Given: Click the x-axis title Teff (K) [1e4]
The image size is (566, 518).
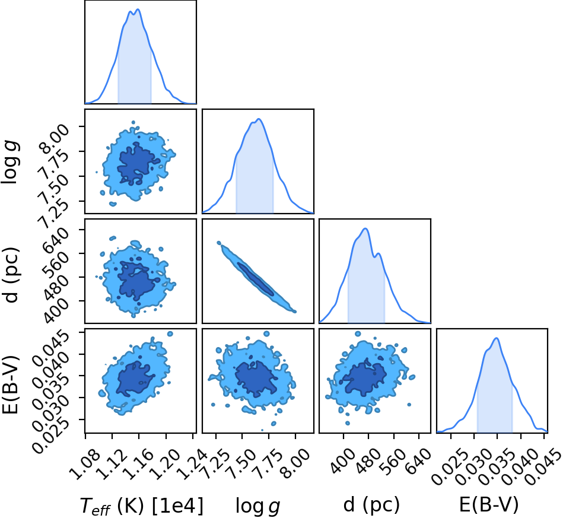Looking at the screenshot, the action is pos(141,505).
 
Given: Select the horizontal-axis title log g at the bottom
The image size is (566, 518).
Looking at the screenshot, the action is pos(257,506).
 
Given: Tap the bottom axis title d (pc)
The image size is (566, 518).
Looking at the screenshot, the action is pos(371,504).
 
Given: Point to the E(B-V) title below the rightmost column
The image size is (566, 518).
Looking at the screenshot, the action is pos(489,504).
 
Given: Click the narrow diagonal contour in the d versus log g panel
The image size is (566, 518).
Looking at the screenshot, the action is pos(256,277).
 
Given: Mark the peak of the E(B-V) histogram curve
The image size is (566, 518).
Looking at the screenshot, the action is pos(497,338).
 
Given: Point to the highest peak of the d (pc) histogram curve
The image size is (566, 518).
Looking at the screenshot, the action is pos(365,228).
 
